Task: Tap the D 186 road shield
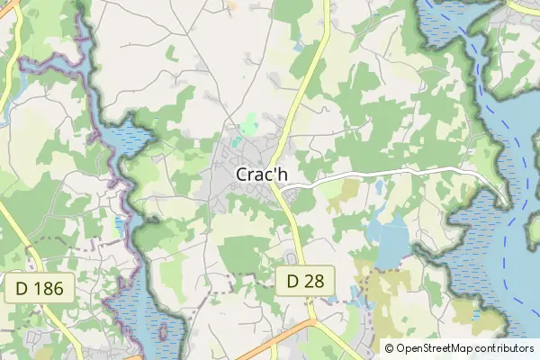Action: [x=40, y=289]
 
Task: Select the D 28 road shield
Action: [x=305, y=282]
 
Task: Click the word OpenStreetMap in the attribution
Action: [x=435, y=347]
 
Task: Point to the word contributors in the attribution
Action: [x=504, y=347]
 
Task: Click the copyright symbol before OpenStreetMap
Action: [x=389, y=347]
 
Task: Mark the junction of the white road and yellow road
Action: [x=282, y=189]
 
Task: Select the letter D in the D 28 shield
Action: [x=293, y=282]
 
